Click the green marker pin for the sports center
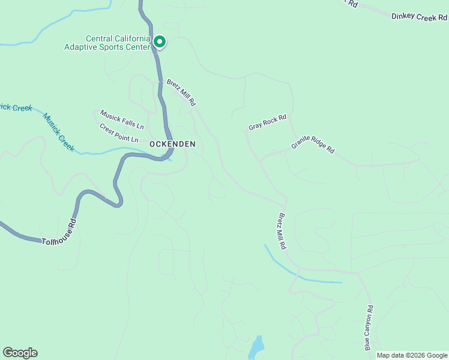160,41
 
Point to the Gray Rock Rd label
268,123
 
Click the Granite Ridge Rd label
313,146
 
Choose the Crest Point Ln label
119,133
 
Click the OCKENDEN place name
172,144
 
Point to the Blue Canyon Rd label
369,328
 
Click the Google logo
20,353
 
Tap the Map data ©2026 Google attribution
412,355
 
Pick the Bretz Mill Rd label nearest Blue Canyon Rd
283,230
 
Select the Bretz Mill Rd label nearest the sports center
181,92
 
